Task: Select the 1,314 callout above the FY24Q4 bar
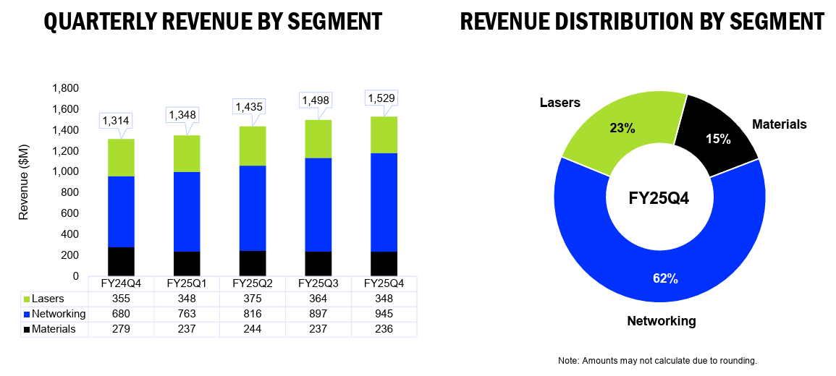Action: tap(117, 121)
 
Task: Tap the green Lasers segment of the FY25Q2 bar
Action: tap(252, 146)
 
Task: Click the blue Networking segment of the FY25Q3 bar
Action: tap(318, 205)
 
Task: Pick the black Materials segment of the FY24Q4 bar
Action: tap(121, 262)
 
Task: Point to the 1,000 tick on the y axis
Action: tap(65, 172)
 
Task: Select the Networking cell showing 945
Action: tap(384, 315)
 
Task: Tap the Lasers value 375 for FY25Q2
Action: tap(252, 299)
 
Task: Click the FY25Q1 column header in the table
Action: tap(187, 283)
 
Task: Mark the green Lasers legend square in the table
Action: tap(26, 299)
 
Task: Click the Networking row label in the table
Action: tap(59, 315)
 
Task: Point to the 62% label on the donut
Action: tap(665, 278)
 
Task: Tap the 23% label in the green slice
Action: tap(622, 129)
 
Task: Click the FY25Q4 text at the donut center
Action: tap(659, 200)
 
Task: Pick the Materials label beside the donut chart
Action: tap(780, 124)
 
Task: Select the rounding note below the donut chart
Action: tap(657, 361)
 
